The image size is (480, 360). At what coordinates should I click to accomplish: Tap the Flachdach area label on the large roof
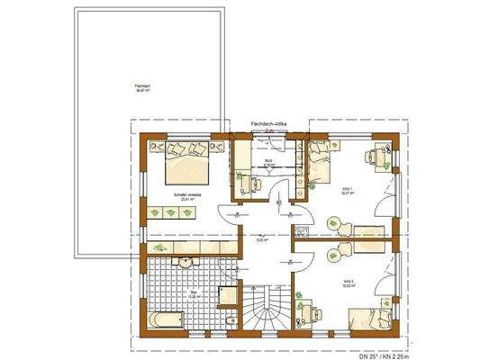point(140,89)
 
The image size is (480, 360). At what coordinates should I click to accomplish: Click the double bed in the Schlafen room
point(186,160)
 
